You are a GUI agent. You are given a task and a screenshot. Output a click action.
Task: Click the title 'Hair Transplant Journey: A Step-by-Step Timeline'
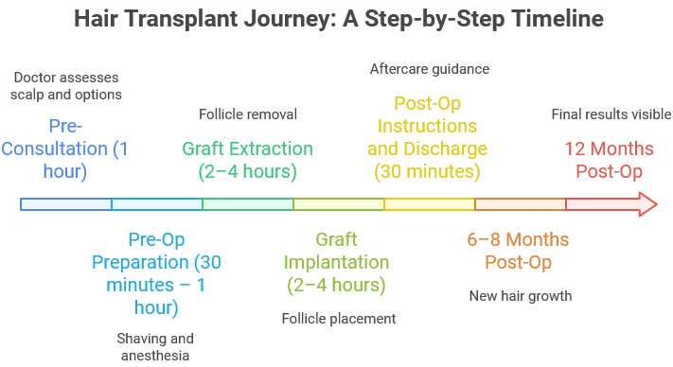point(336,19)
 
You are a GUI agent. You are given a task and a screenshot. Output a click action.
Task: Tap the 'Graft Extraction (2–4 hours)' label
point(247,160)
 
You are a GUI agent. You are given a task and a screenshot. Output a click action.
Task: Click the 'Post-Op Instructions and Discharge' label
point(428,137)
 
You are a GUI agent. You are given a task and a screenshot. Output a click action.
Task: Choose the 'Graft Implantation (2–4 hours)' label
point(337,262)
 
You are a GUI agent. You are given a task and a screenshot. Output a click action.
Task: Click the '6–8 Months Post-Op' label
point(518,251)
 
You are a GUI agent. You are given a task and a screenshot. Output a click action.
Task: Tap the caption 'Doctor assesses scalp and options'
point(68,86)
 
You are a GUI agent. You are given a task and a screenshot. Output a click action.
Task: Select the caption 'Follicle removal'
point(248,114)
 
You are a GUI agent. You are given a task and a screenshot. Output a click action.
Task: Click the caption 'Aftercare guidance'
point(428,69)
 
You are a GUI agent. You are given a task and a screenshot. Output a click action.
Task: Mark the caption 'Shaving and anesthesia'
point(155,346)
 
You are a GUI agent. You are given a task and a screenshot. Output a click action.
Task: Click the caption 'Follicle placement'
point(338,318)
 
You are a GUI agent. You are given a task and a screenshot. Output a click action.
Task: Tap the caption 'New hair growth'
point(521,296)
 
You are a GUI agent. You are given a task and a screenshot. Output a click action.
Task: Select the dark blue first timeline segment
point(66,204)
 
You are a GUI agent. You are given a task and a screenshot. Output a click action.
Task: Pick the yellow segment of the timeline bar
point(429,204)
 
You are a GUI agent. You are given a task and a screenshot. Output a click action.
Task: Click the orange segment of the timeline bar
point(520,204)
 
